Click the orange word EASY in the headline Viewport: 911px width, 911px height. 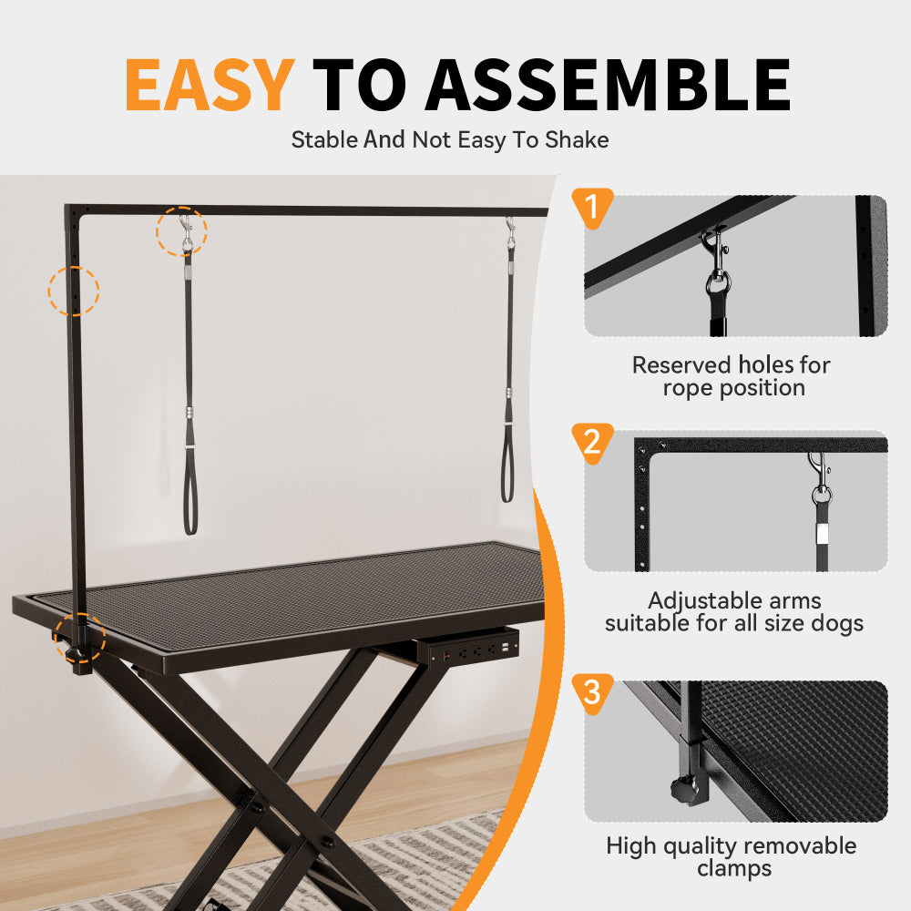[x=209, y=84]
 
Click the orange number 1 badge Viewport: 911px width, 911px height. [x=591, y=210]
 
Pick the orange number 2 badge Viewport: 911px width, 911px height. [x=591, y=443]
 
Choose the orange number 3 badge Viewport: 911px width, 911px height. [x=591, y=693]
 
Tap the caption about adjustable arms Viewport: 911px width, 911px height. [x=734, y=612]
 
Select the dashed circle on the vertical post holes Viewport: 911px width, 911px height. [x=73, y=291]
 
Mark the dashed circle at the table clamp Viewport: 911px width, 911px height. [x=79, y=637]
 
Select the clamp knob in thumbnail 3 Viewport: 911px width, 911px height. [x=681, y=790]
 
